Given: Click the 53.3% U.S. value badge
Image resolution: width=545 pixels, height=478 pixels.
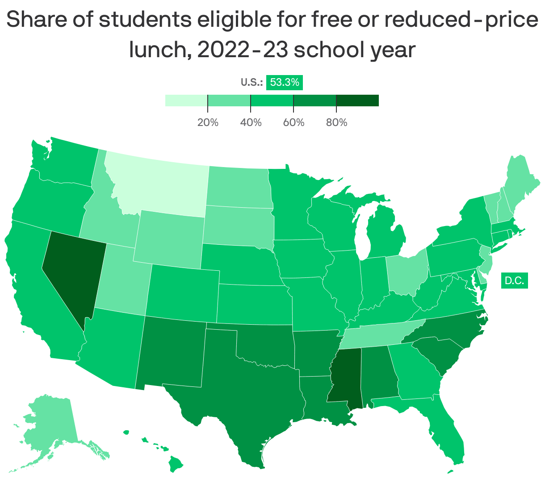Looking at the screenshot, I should [x=285, y=82].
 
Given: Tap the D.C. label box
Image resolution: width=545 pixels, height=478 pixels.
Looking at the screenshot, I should [x=514, y=281].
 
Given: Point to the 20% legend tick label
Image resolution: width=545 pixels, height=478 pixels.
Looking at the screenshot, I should [x=208, y=122].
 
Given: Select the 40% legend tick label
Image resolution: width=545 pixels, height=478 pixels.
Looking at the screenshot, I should [x=251, y=122].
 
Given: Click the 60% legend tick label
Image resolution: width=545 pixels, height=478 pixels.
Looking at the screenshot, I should [x=293, y=122].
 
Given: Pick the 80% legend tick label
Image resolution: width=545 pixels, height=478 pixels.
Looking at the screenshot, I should [x=336, y=122].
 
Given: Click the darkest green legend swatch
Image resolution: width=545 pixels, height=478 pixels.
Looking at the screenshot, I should [x=357, y=101].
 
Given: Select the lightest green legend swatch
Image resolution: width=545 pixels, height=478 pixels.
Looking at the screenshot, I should [x=186, y=101].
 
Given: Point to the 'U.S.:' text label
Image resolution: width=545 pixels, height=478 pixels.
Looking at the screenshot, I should [x=252, y=82].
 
